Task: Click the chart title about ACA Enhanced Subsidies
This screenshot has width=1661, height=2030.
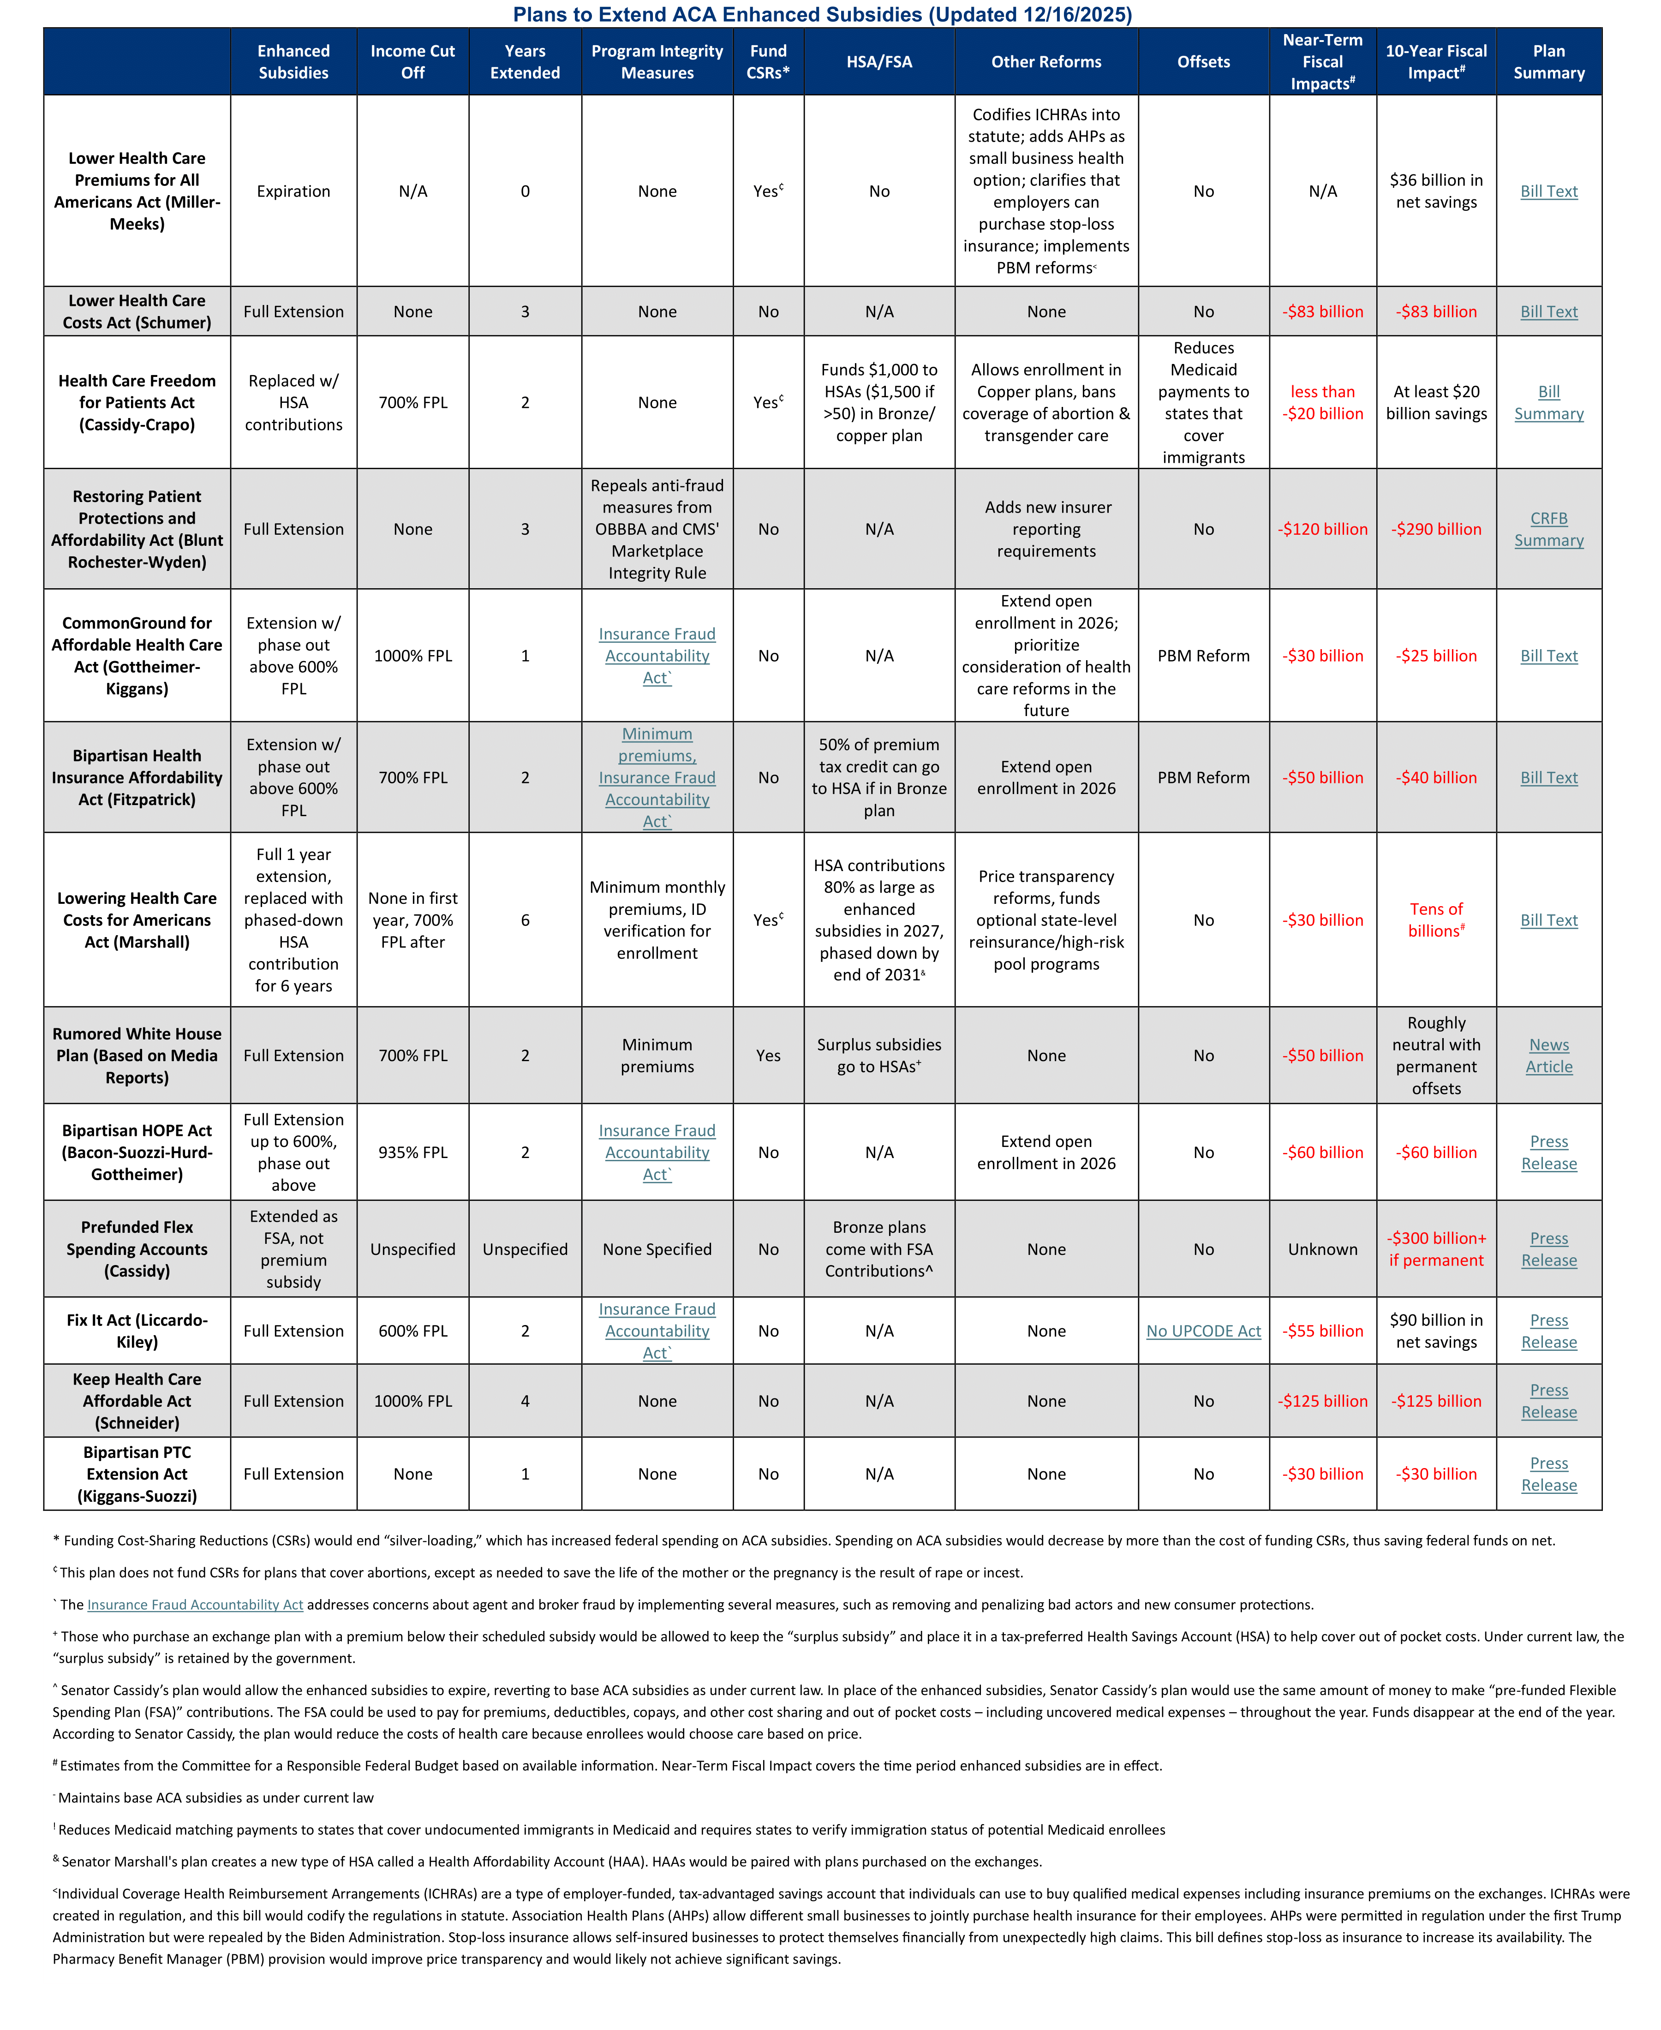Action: (822, 14)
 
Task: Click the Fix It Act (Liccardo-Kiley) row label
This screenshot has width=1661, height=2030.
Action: (137, 1331)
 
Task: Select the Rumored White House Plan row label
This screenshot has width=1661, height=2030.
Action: (137, 1055)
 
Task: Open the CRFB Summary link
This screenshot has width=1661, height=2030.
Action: (1548, 529)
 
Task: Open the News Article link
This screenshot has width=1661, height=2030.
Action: (1548, 1055)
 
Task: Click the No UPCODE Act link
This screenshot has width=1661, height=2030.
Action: (1203, 1331)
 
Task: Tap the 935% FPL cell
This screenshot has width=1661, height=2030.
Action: (412, 1152)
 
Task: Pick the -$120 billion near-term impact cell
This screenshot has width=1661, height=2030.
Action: (1322, 529)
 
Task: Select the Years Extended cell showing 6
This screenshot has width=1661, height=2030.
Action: (524, 919)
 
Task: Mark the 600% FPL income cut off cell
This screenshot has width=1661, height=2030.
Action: (412, 1331)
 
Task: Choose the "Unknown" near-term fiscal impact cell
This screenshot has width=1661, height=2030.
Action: (1322, 1248)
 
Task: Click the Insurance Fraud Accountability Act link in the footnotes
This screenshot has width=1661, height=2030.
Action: (195, 1604)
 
